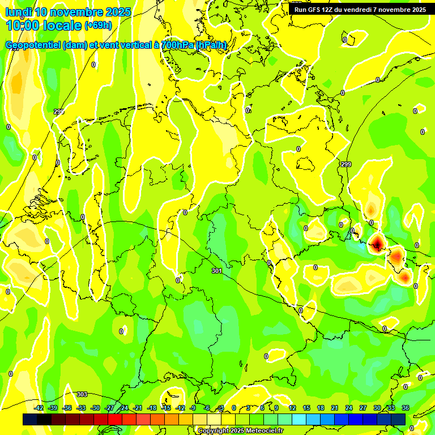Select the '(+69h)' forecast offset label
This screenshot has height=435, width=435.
point(98,25)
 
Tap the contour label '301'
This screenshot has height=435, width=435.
point(216,271)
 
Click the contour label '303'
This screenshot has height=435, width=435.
point(82,394)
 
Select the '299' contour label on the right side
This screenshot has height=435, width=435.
point(346,164)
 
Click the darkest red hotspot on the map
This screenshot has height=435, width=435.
point(377,245)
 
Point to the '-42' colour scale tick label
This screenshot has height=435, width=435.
point(39,408)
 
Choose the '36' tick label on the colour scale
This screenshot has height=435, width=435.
point(406,408)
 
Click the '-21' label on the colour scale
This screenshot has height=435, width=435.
point(138,408)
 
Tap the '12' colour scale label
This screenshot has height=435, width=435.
point(292,408)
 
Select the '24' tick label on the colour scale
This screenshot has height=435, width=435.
point(349,408)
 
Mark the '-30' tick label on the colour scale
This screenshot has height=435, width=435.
point(96,408)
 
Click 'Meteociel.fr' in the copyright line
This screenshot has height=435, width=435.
point(265,431)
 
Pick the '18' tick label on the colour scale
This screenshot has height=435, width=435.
point(321,408)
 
